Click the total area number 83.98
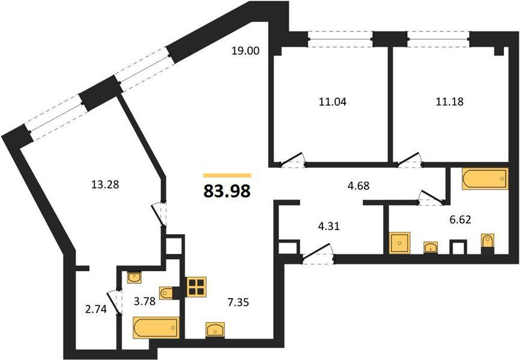point(227,191)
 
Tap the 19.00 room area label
point(246,51)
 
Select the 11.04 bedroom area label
point(333,102)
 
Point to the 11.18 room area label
point(449,101)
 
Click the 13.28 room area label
point(105,184)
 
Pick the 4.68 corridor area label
point(358,185)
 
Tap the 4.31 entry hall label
point(328,227)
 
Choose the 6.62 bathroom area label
point(461,220)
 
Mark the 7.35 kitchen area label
point(238,302)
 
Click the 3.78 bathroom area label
point(145,302)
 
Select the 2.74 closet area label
point(96,310)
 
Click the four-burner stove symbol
point(196,287)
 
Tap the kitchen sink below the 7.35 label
point(215,330)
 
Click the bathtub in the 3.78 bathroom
point(156,328)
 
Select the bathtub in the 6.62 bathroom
point(485,179)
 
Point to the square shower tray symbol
point(400,243)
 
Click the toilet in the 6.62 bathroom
point(488,241)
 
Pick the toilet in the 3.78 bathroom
point(167,293)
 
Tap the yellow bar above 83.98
point(227,175)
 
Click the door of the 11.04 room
point(291,159)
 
